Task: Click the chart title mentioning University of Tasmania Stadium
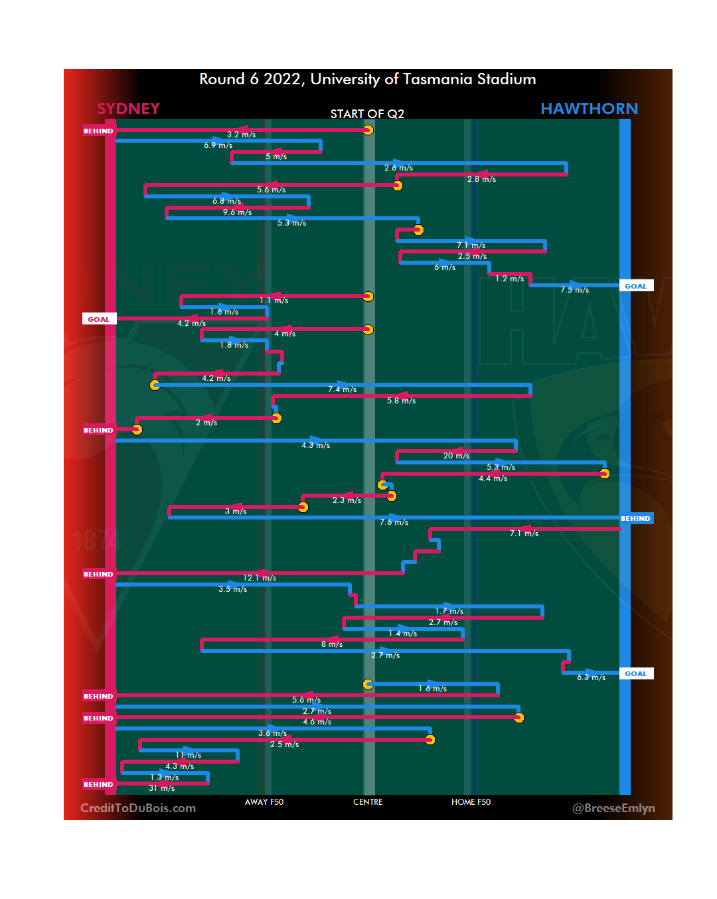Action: [367, 80]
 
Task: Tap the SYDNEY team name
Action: [128, 109]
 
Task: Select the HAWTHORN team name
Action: [589, 109]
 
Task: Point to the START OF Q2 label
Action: [367, 114]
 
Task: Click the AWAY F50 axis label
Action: [264, 802]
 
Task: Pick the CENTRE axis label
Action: [368, 802]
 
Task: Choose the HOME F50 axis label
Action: [471, 802]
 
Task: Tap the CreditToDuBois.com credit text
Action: [138, 808]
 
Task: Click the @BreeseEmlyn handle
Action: [613, 808]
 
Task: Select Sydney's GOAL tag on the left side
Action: [99, 319]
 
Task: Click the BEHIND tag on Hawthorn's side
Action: [635, 518]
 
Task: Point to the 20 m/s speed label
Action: [456, 456]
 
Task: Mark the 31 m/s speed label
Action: [161, 788]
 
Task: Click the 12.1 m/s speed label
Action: [260, 578]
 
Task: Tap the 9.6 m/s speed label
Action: [237, 212]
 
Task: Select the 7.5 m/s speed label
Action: [574, 290]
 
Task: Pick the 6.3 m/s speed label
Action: [591, 677]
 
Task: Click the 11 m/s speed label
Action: [189, 755]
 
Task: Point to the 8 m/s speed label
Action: [332, 644]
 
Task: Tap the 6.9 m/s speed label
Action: [218, 145]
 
